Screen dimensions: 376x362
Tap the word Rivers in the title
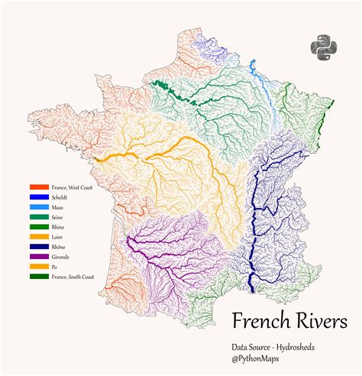pos(322,319)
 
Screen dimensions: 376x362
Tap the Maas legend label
pos(58,207)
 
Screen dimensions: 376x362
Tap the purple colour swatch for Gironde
pos(38,257)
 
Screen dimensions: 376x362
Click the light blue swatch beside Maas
pos(38,207)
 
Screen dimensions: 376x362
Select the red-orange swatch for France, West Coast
pos(38,187)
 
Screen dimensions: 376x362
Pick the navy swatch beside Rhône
pos(38,247)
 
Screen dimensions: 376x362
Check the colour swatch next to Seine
pos(38,217)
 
